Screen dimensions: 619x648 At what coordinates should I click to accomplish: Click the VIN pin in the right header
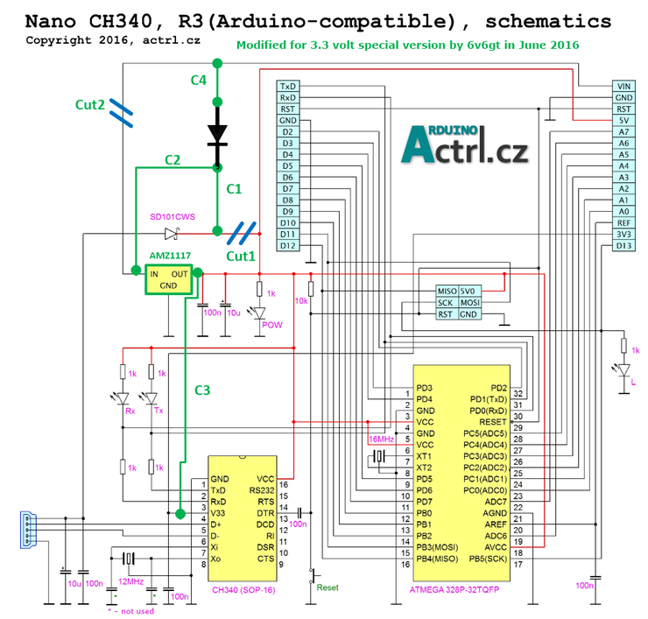pos(623,87)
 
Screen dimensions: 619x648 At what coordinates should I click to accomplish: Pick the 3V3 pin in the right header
pos(623,235)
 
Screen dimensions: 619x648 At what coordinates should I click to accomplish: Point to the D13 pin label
pos(623,246)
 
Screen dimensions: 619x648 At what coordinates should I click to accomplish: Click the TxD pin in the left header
pos(287,87)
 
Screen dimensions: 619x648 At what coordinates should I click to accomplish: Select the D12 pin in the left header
pos(287,246)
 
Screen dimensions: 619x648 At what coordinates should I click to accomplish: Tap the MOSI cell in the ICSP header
pos(469,302)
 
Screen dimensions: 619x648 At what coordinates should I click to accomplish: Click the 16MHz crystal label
pos(382,438)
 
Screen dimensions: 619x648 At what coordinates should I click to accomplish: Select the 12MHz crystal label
pos(130,580)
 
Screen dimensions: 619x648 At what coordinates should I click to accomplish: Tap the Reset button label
pos(327,587)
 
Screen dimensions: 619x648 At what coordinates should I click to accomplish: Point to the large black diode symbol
pos(217,132)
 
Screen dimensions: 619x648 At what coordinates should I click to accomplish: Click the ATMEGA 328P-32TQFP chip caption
pos(461,589)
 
